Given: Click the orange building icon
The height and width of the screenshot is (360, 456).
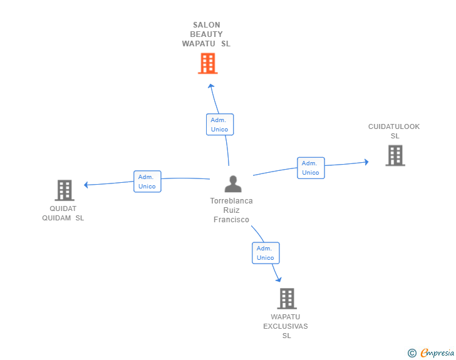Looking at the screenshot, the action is click(208, 63).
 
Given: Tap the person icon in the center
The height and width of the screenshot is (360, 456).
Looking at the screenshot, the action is click(233, 184).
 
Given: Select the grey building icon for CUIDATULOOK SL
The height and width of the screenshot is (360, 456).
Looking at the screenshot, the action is click(395, 155).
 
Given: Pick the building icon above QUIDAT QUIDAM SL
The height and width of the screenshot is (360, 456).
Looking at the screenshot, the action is click(65, 190).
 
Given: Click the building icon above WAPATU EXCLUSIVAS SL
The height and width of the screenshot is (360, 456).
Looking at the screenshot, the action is click(287, 299).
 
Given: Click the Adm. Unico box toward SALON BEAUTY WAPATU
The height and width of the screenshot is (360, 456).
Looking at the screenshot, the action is click(220, 125).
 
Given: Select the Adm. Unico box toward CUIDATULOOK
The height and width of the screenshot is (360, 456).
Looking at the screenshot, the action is click(311, 168).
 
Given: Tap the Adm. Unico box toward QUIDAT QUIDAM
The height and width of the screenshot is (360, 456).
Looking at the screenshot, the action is click(147, 182).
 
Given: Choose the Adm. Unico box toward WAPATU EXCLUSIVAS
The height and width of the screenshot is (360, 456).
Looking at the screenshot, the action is click(266, 253).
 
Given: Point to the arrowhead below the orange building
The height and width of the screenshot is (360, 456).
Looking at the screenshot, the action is click(211, 86).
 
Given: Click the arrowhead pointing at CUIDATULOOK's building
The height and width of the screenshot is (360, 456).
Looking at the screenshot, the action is click(366, 162).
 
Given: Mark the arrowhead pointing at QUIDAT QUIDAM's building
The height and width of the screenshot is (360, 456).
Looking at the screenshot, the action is click(86, 185).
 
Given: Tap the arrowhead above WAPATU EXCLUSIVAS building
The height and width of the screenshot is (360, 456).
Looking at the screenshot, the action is click(279, 279).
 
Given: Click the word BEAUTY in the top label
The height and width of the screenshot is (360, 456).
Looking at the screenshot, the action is click(206, 34).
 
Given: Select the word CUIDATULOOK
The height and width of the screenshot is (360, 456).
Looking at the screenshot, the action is click(394, 126).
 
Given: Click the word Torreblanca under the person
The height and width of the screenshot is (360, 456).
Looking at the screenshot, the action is click(232, 200).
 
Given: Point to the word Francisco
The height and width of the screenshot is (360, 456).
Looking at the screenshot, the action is click(232, 220).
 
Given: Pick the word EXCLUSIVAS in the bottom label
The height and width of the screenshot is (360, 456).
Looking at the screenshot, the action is click(286, 326).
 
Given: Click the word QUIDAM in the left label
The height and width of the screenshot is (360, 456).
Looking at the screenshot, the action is click(56, 218).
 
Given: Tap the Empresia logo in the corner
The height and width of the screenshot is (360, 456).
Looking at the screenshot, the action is click(431, 352).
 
